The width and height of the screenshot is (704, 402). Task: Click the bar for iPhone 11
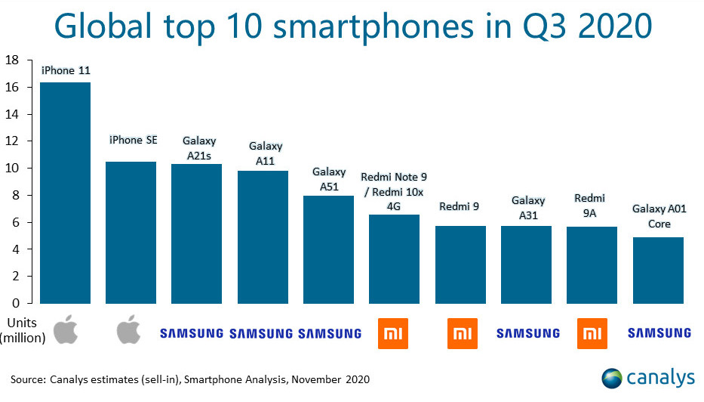pos(65,193)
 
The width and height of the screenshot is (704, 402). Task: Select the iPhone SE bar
pos(131,232)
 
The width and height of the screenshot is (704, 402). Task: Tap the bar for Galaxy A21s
pos(196,233)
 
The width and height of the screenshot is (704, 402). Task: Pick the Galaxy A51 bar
pos(328,249)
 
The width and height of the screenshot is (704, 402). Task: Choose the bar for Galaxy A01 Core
pos(658,270)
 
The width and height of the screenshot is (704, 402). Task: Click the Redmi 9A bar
pos(592,264)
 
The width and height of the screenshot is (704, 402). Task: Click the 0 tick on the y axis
pos(20,303)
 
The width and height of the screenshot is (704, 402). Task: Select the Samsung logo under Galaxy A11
pos(260,333)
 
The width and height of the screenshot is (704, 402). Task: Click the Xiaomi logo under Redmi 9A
pos(592,333)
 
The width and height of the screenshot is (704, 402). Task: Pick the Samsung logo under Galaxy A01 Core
pos(659,333)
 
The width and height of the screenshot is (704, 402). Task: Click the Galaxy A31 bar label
pos(528,207)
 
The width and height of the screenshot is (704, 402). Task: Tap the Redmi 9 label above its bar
pos(460,206)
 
